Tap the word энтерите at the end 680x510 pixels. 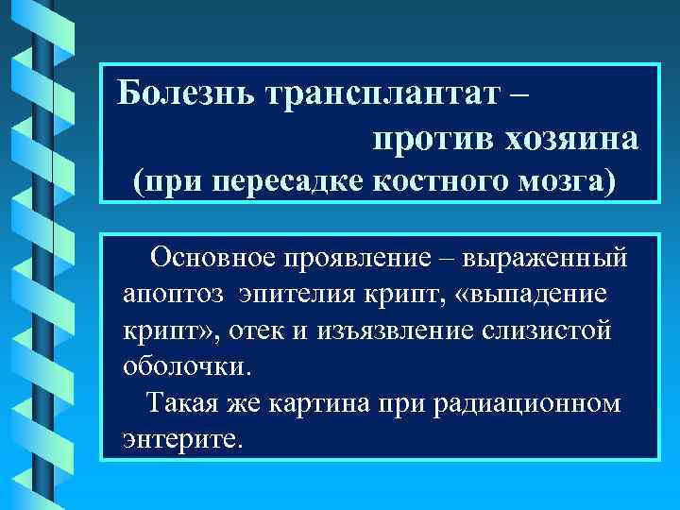click(182, 439)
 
